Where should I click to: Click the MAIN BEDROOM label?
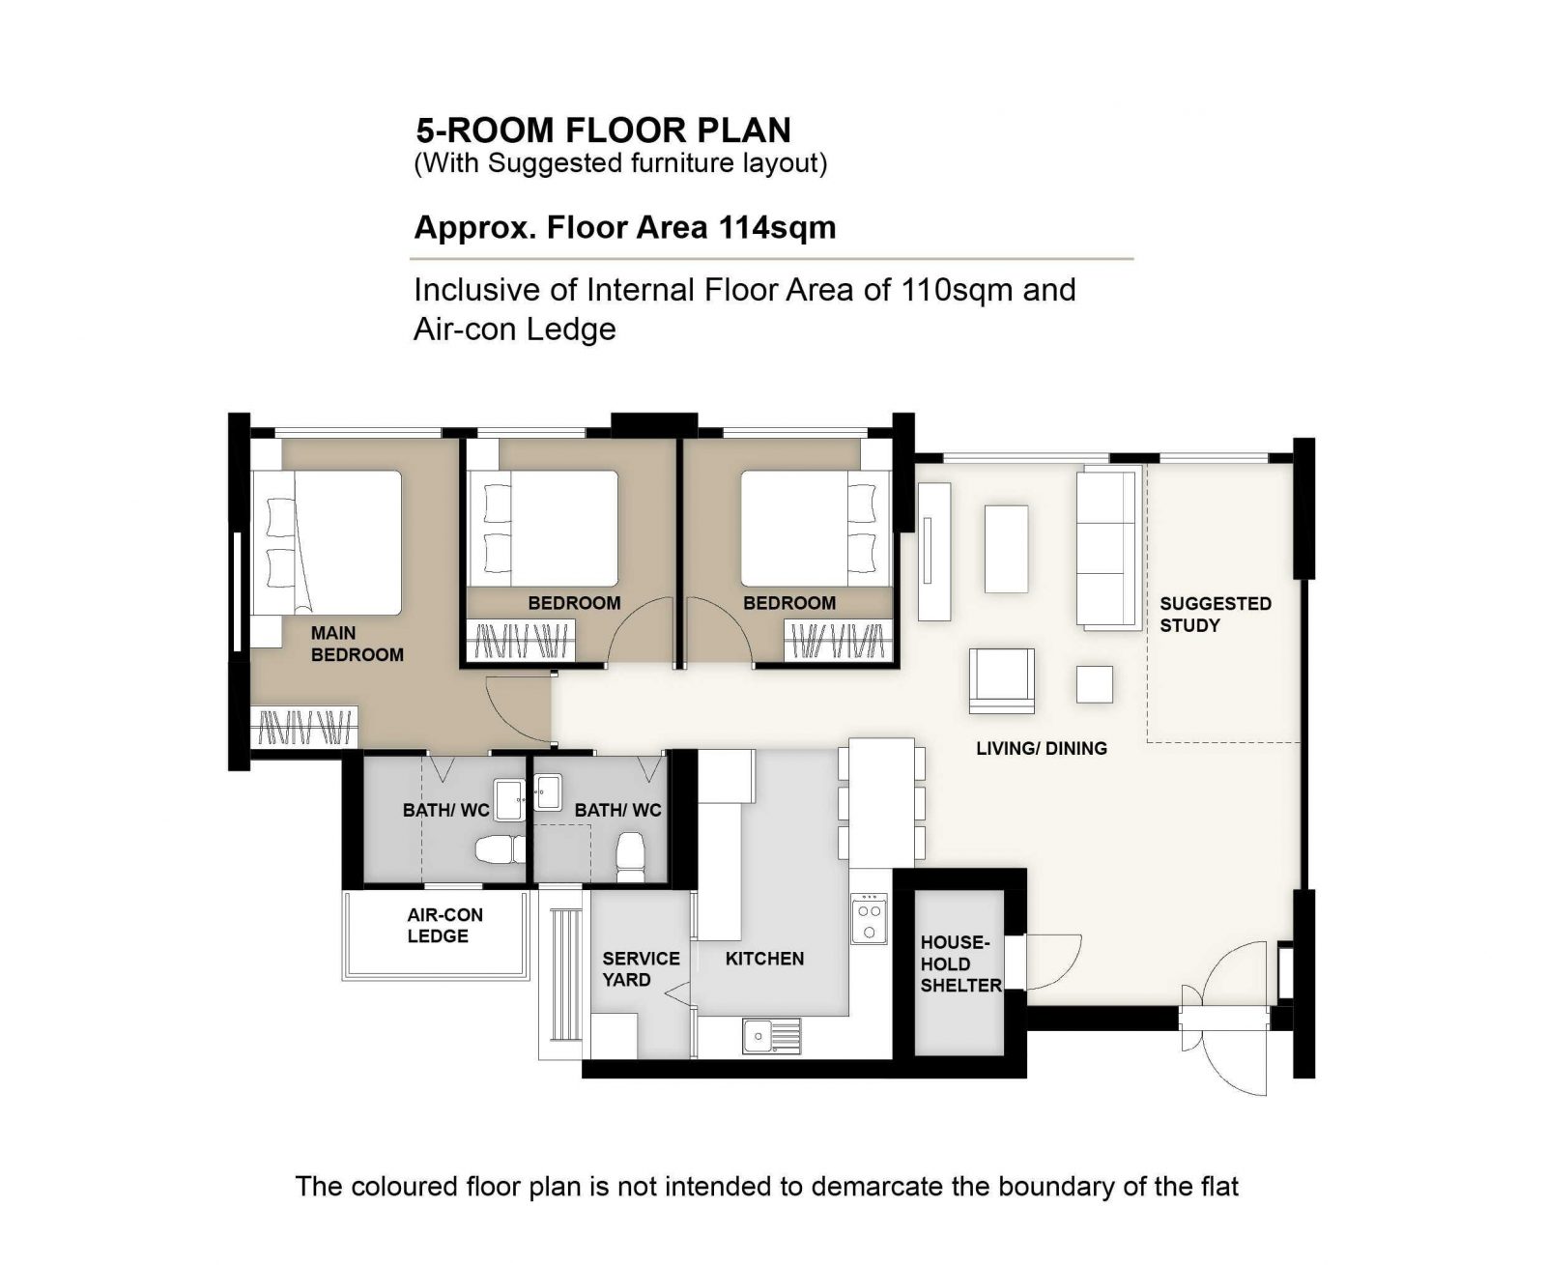click(x=357, y=644)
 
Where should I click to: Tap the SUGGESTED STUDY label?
click(x=1214, y=614)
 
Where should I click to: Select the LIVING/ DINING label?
click(x=1041, y=748)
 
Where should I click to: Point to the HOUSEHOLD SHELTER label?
click(x=959, y=963)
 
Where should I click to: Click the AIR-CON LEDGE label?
click(x=444, y=925)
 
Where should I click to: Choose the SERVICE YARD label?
click(x=640, y=968)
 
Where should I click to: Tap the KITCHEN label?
click(x=764, y=959)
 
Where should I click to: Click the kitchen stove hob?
click(x=868, y=918)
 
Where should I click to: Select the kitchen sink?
click(x=770, y=1035)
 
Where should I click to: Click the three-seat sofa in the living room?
click(x=1107, y=547)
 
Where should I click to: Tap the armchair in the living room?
click(x=1001, y=680)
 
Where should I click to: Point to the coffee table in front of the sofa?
click(x=1005, y=549)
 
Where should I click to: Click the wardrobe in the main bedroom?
click(x=303, y=727)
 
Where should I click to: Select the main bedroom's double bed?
click(x=327, y=542)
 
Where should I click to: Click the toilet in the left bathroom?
click(x=500, y=849)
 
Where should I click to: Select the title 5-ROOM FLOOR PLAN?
click(x=603, y=130)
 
